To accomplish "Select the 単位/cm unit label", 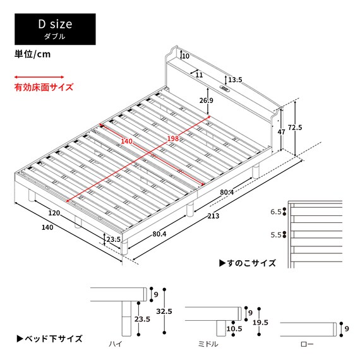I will [x=32, y=54].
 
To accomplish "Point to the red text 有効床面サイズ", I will [x=44, y=88].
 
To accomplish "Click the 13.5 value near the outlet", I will [x=235, y=80].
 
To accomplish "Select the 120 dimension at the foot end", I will [x=55, y=213].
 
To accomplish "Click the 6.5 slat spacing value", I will [x=277, y=213].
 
